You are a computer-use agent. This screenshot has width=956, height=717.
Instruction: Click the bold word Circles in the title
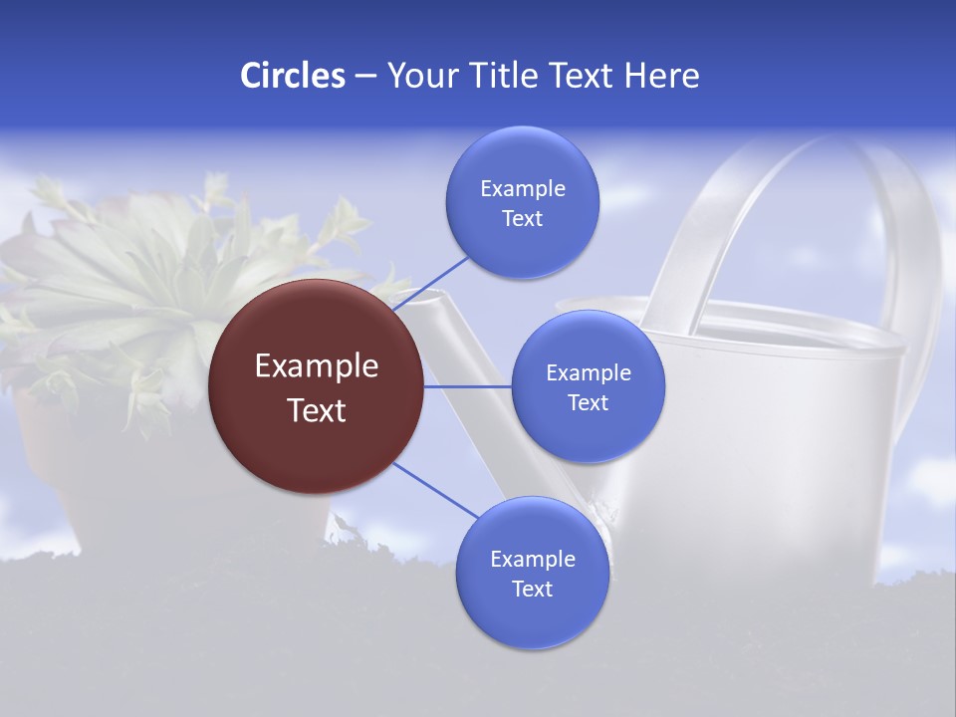pyautogui.click(x=292, y=76)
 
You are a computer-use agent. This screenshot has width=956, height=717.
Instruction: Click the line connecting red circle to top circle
pyautogui.click(x=431, y=283)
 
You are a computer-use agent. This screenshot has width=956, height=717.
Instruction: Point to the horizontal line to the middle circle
pyautogui.click(x=467, y=386)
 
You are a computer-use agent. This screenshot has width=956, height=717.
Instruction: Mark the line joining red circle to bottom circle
pyautogui.click(x=436, y=491)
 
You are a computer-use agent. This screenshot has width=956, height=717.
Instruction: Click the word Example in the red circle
pyautogui.click(x=317, y=366)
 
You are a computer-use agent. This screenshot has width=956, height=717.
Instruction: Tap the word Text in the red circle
pyautogui.click(x=317, y=410)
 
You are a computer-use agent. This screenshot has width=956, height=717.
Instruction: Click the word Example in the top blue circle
pyautogui.click(x=523, y=189)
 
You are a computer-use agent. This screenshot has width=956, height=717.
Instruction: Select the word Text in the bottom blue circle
pyautogui.click(x=532, y=590)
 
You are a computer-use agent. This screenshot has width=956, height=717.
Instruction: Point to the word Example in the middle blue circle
pyautogui.click(x=589, y=373)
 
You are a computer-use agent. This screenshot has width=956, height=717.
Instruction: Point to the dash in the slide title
pyautogui.click(x=365, y=77)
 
